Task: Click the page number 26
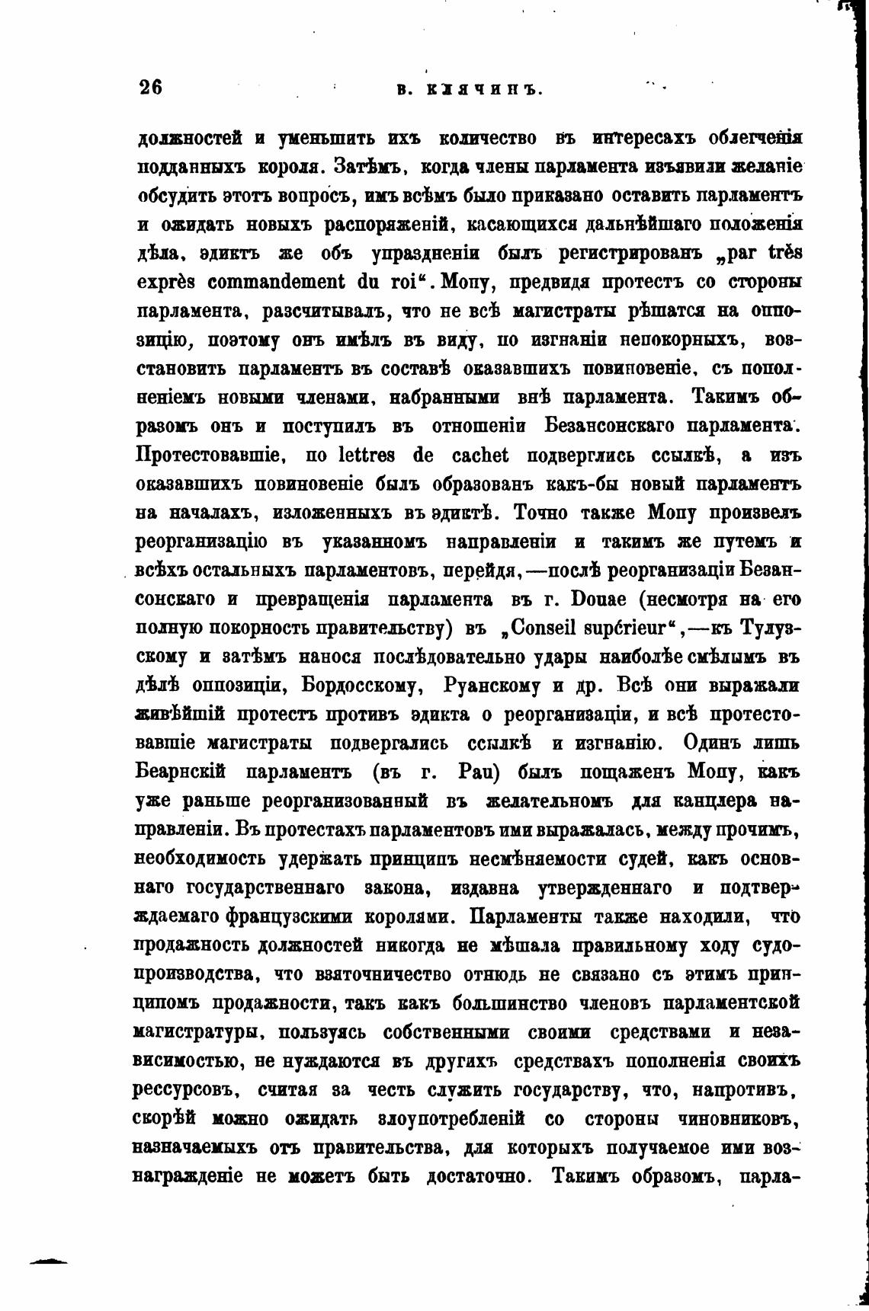151,87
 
